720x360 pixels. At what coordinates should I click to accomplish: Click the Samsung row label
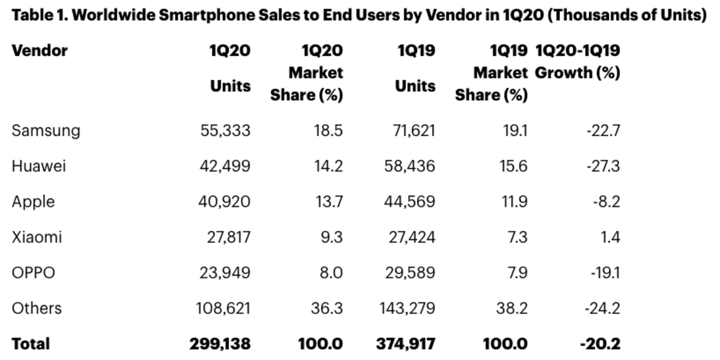[x=46, y=130]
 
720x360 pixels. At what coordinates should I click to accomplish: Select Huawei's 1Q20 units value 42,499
[x=224, y=166]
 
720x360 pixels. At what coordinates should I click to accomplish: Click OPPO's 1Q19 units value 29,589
[x=409, y=272]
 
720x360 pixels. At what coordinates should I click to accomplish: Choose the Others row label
[x=37, y=308]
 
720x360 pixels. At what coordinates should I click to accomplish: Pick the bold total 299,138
[x=220, y=344]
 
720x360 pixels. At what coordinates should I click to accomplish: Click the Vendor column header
[x=40, y=50]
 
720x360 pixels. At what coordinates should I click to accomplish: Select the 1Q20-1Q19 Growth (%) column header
[x=577, y=62]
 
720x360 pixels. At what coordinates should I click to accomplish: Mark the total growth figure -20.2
[x=600, y=344]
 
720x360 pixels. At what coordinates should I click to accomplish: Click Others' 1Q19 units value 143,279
[x=406, y=308]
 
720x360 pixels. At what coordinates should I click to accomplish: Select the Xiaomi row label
[x=37, y=237]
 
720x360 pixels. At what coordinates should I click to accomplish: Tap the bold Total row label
[x=31, y=344]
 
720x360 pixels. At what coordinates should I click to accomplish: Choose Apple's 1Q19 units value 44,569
[x=409, y=202]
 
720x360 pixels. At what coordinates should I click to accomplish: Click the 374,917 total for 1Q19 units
[x=406, y=344]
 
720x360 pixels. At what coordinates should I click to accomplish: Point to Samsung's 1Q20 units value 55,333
[x=225, y=130]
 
